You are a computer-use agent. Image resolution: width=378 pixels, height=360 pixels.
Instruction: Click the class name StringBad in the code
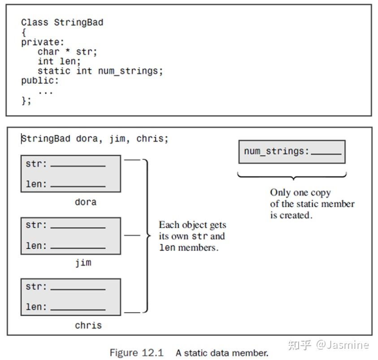78,22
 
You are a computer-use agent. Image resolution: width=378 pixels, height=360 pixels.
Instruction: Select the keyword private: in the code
43,42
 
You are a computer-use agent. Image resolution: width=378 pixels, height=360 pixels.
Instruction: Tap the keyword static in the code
54,71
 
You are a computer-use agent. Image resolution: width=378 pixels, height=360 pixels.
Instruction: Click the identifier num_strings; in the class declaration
130,71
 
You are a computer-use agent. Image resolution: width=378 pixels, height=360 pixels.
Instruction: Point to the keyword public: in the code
40,81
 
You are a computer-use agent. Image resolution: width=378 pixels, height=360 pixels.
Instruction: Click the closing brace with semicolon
26,100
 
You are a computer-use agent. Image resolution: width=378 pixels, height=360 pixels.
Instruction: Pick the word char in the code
48,52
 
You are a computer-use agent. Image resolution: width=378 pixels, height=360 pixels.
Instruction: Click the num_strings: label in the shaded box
276,151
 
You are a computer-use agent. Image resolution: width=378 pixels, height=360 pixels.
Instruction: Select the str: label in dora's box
36,164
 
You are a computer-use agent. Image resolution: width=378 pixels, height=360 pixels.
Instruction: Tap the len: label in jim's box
36,246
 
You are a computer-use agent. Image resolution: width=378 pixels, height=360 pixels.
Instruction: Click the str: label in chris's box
36,286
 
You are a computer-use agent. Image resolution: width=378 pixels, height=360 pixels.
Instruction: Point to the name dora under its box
86,202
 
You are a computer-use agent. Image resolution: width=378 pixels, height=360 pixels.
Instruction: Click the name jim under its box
83,262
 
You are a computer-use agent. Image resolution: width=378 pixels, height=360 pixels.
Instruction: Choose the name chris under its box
88,325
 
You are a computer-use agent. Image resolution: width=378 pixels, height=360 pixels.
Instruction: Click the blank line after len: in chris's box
78,310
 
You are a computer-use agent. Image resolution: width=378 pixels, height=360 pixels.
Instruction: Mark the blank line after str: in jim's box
78,227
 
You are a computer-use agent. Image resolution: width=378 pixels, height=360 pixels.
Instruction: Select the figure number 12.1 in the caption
153,353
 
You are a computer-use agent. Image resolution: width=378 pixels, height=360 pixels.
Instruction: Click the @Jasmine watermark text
342,345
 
